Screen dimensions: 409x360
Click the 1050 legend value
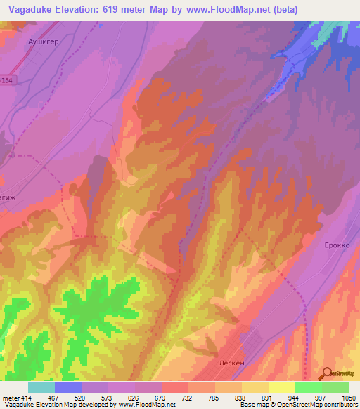[x=348, y=397]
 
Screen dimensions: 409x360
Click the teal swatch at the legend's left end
[x=41, y=387]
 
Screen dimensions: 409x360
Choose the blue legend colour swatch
[x=68, y=387]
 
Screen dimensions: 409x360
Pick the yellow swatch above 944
[x=282, y=387]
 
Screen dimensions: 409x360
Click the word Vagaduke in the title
[x=35, y=10]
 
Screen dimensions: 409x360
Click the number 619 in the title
[x=128, y=10]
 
